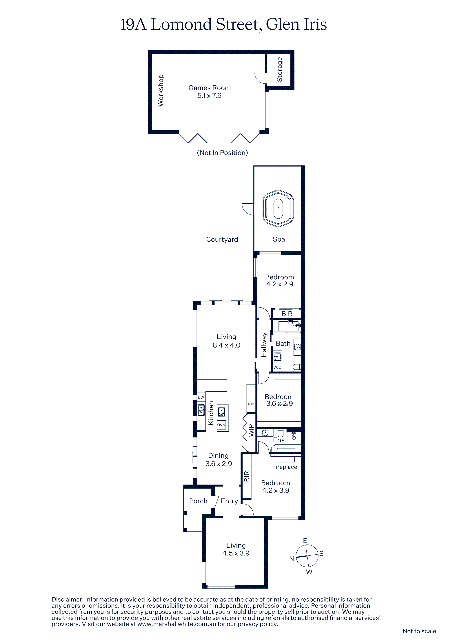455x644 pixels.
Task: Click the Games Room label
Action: coord(209,88)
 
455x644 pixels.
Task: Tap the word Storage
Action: coord(279,70)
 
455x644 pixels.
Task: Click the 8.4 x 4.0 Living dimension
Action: coord(227,345)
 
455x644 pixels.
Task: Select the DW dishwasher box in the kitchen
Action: coord(201,397)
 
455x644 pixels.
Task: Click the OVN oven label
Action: coord(221,425)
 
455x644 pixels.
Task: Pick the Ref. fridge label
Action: coord(251,404)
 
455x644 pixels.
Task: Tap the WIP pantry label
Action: coord(251,430)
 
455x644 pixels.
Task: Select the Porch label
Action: coord(198,501)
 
